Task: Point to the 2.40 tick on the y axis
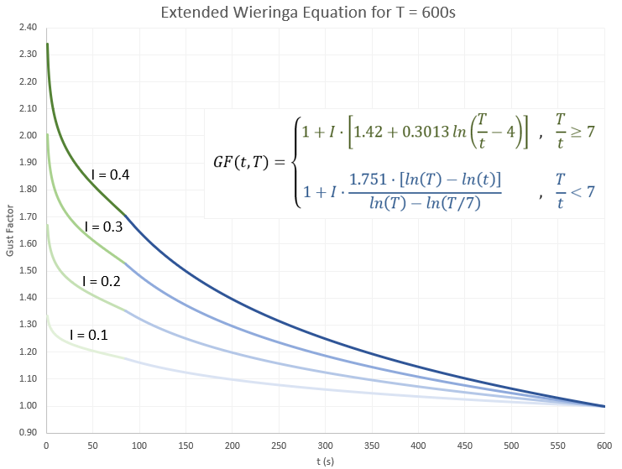pyautogui.click(x=29, y=28)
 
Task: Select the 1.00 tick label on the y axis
pyautogui.click(x=29, y=406)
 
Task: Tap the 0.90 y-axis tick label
pyautogui.click(x=29, y=433)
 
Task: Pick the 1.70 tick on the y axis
pyautogui.click(x=29, y=216)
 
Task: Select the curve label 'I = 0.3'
pyautogui.click(x=104, y=227)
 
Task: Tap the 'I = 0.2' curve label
pyautogui.click(x=102, y=281)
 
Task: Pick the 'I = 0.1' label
pyautogui.click(x=89, y=335)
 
